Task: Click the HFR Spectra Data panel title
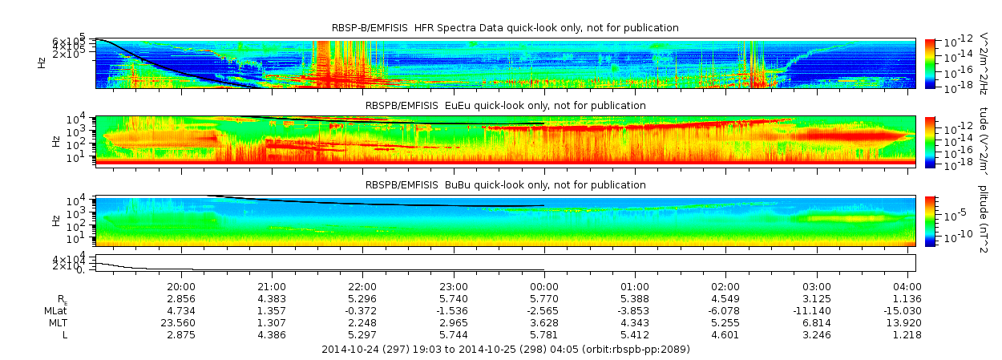tap(505, 28)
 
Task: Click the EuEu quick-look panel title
tap(505, 105)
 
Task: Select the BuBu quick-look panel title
tap(505, 184)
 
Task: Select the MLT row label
tap(55, 322)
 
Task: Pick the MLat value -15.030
tap(905, 310)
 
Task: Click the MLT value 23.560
tap(181, 322)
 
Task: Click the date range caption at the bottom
tap(505, 350)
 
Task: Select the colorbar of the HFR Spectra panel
tap(930, 63)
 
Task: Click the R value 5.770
tap(544, 298)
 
